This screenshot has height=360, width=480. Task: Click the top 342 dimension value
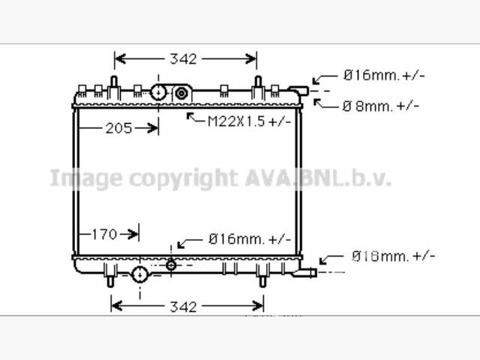(183, 58)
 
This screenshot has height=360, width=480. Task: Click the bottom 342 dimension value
(183, 307)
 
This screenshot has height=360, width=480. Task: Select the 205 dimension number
(118, 128)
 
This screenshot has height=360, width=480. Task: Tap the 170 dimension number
(104, 235)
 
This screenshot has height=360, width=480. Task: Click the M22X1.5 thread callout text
(249, 121)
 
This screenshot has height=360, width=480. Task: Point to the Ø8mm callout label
(380, 106)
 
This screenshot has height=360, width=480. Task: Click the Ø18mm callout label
(393, 256)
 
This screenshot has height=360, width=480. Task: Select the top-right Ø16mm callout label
(384, 75)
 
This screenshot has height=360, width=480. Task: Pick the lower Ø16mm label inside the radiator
(250, 238)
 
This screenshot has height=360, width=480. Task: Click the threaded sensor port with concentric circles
(181, 93)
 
